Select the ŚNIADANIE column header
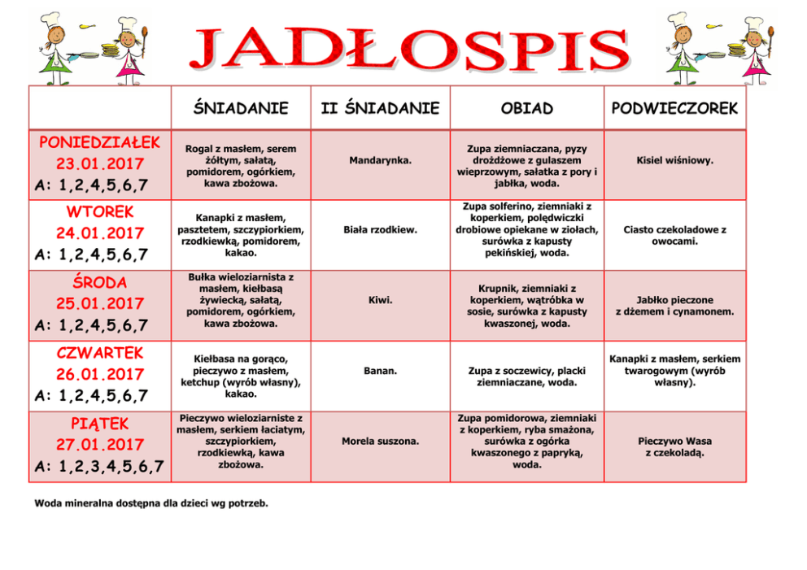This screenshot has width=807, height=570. pyautogui.click(x=241, y=108)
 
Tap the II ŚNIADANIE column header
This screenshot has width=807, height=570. pyautogui.click(x=380, y=108)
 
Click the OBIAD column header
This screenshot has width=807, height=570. pyautogui.click(x=526, y=108)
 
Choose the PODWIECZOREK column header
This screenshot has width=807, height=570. pyautogui.click(x=674, y=108)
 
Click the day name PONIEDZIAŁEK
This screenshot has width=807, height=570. pyautogui.click(x=100, y=143)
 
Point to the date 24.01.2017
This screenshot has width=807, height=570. pyautogui.click(x=100, y=234)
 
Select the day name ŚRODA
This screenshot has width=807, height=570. pyautogui.click(x=100, y=283)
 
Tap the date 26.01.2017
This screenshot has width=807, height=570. pyautogui.click(x=100, y=375)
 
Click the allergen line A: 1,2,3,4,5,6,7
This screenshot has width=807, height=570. pyautogui.click(x=100, y=467)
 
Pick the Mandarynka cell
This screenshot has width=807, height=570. pyautogui.click(x=380, y=161)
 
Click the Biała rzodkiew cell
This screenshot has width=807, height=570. pyautogui.click(x=380, y=230)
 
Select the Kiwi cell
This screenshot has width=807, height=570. pyautogui.click(x=380, y=301)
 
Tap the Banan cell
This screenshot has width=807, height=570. pyautogui.click(x=380, y=371)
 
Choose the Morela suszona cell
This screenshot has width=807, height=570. pyautogui.click(x=380, y=442)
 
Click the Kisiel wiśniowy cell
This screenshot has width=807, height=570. pyautogui.click(x=674, y=161)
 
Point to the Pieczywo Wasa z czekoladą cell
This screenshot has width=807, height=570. pyautogui.click(x=674, y=447)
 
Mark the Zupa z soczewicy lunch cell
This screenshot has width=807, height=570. pyautogui.click(x=526, y=376)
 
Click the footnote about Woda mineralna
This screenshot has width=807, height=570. pyautogui.click(x=151, y=503)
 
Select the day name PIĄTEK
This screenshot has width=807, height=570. pyautogui.click(x=100, y=424)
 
